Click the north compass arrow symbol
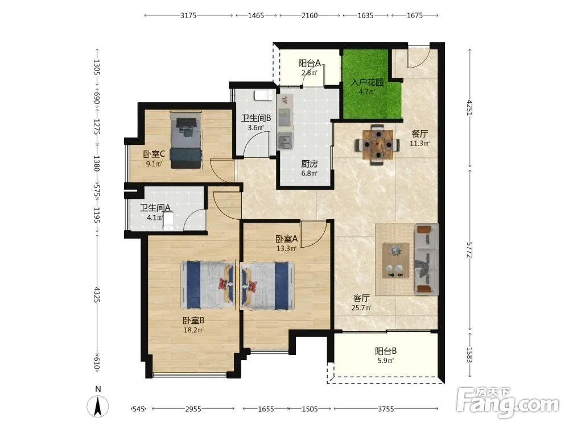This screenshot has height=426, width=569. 98,407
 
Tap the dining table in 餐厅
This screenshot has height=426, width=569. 378,145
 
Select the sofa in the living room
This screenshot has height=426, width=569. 426,259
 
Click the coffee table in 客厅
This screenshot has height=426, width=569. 396,261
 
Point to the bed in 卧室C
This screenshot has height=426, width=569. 186,140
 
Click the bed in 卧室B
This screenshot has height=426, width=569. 208,286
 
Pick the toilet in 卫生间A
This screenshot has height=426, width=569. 168,221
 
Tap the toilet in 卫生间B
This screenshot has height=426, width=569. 263,95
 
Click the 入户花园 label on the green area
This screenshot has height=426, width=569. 367,82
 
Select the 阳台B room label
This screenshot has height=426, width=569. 386,351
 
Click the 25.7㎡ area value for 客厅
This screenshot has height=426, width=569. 361,308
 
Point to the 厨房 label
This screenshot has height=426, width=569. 309,164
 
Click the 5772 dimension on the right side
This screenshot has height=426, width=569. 469,250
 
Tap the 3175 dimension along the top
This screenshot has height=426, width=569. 188,15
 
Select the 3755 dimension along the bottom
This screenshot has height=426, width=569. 386,409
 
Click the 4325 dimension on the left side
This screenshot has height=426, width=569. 97,294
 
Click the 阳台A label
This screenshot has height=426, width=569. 310,64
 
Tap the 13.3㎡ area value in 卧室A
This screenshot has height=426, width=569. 286,249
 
